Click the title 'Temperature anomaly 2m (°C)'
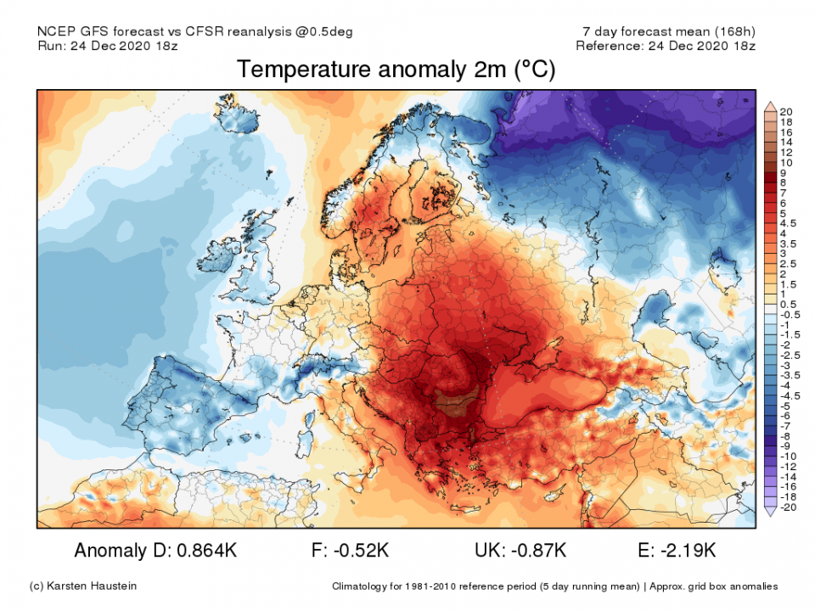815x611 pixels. point(396,70)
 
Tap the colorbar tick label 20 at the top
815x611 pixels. point(786,112)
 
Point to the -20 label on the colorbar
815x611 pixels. point(785,507)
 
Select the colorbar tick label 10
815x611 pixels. point(786,162)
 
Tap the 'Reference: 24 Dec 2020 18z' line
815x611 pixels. point(666,45)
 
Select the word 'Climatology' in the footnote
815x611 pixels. point(363,586)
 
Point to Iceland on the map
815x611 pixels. point(239,120)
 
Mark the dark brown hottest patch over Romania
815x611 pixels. point(457,401)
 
